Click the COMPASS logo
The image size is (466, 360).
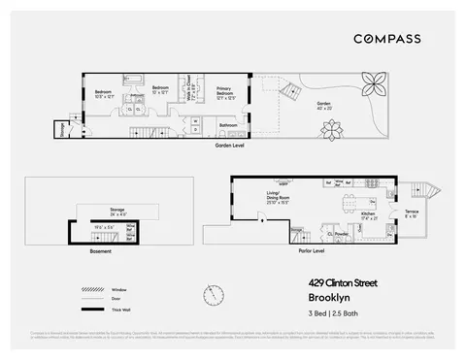tap(386, 38)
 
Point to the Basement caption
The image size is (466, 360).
tap(101, 250)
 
